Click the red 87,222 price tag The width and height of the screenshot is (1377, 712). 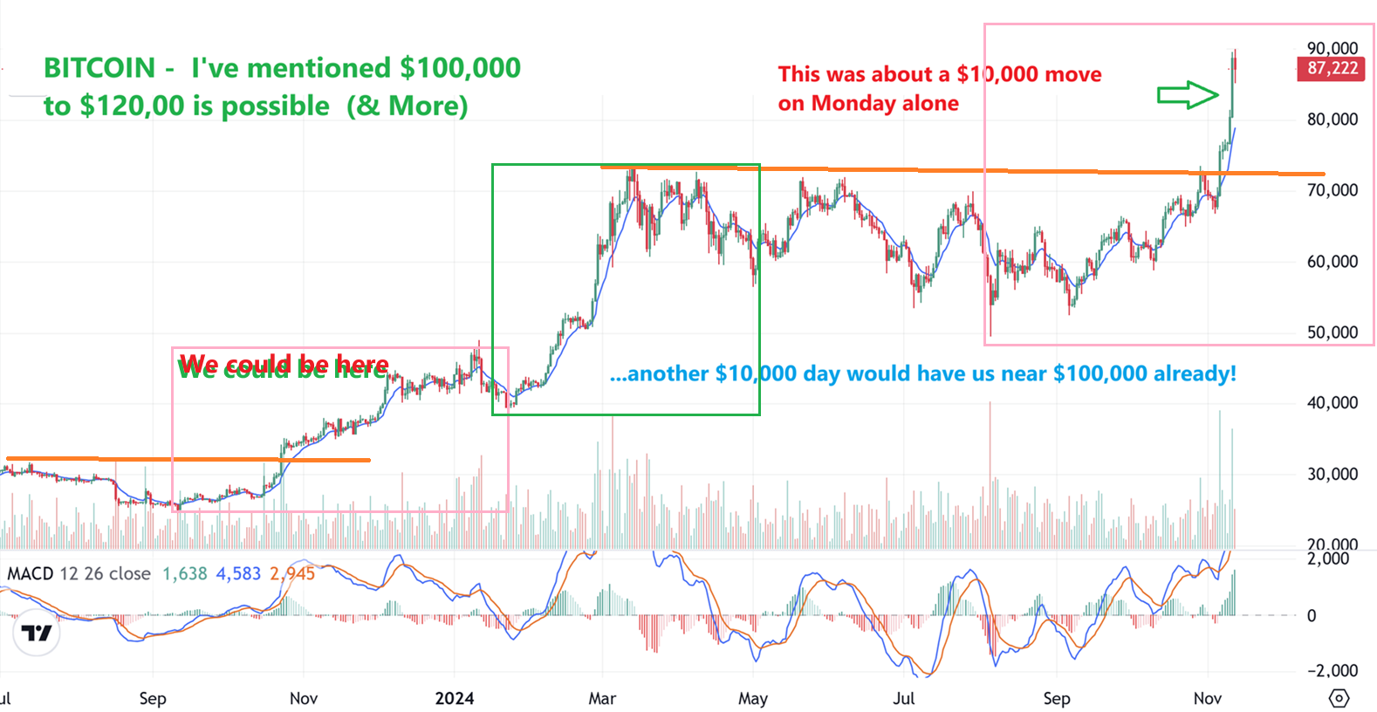(1332, 68)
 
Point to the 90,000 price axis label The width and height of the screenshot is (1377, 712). (1332, 48)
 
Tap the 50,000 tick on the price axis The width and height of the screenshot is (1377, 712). (1332, 332)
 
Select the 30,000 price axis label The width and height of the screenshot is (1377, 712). (1332, 474)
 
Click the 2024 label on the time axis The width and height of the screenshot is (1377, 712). (455, 698)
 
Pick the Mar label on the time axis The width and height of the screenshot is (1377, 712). (602, 698)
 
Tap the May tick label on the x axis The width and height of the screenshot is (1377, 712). (753, 698)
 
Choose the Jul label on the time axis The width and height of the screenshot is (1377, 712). (904, 698)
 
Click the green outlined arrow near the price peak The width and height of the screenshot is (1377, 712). (1188, 94)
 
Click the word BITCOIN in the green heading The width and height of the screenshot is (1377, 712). (99, 68)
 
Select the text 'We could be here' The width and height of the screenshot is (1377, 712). (284, 365)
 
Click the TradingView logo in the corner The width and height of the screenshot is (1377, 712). (37, 633)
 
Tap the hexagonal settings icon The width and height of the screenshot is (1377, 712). (1339, 698)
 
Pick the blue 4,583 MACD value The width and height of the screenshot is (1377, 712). (238, 573)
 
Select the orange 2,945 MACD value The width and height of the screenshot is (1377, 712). (291, 573)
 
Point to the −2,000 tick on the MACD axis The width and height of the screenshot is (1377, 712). (1331, 670)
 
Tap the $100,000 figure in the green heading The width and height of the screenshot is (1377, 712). (460, 68)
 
